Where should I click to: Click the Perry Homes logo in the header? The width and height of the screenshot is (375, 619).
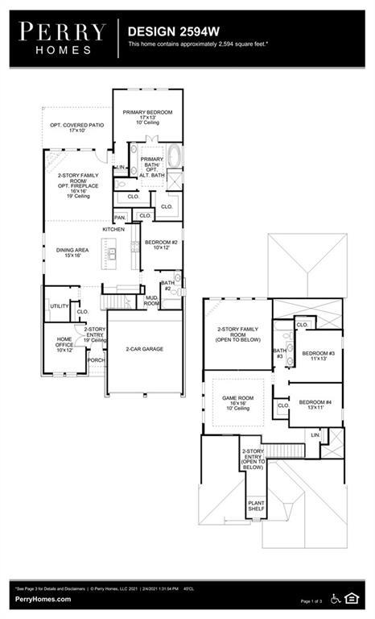tap(62, 36)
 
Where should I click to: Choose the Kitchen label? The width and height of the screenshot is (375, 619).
tap(113, 230)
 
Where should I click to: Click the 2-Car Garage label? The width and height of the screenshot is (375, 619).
tap(145, 349)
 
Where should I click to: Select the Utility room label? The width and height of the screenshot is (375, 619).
tap(59, 306)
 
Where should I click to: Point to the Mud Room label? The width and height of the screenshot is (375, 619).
tap(151, 301)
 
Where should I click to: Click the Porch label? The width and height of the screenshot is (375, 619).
tap(96, 360)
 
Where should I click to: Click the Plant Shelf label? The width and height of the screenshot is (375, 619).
tap(256, 506)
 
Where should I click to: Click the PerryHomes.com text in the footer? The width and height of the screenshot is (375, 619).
tap(41, 600)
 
